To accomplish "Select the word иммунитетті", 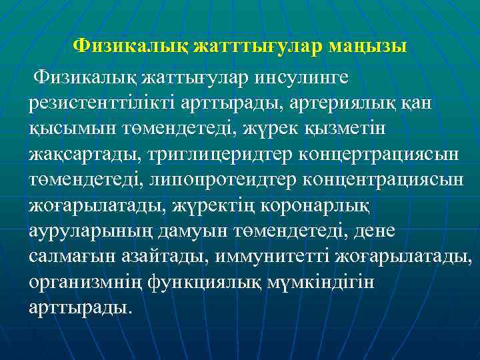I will (x=267, y=254).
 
